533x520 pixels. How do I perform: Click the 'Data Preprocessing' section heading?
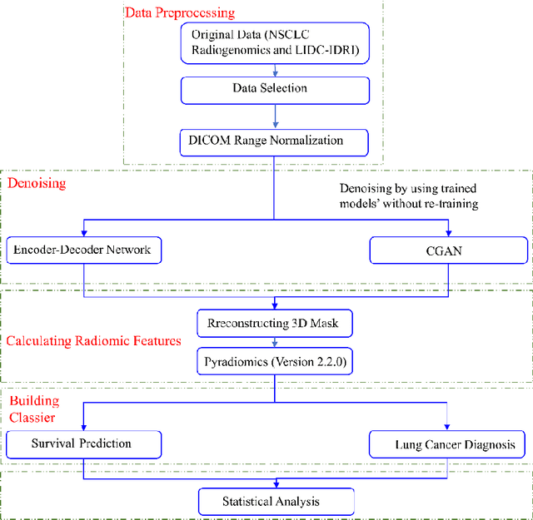(179, 12)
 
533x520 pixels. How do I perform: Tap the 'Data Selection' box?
(275, 87)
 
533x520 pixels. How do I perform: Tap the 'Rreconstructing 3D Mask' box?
(274, 321)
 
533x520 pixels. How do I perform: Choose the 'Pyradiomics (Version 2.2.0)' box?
(274, 362)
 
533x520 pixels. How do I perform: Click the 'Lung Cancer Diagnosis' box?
(449, 444)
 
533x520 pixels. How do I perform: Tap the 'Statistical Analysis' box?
(274, 501)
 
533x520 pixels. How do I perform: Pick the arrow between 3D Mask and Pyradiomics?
(274, 341)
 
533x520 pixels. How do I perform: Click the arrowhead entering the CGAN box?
(451, 232)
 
